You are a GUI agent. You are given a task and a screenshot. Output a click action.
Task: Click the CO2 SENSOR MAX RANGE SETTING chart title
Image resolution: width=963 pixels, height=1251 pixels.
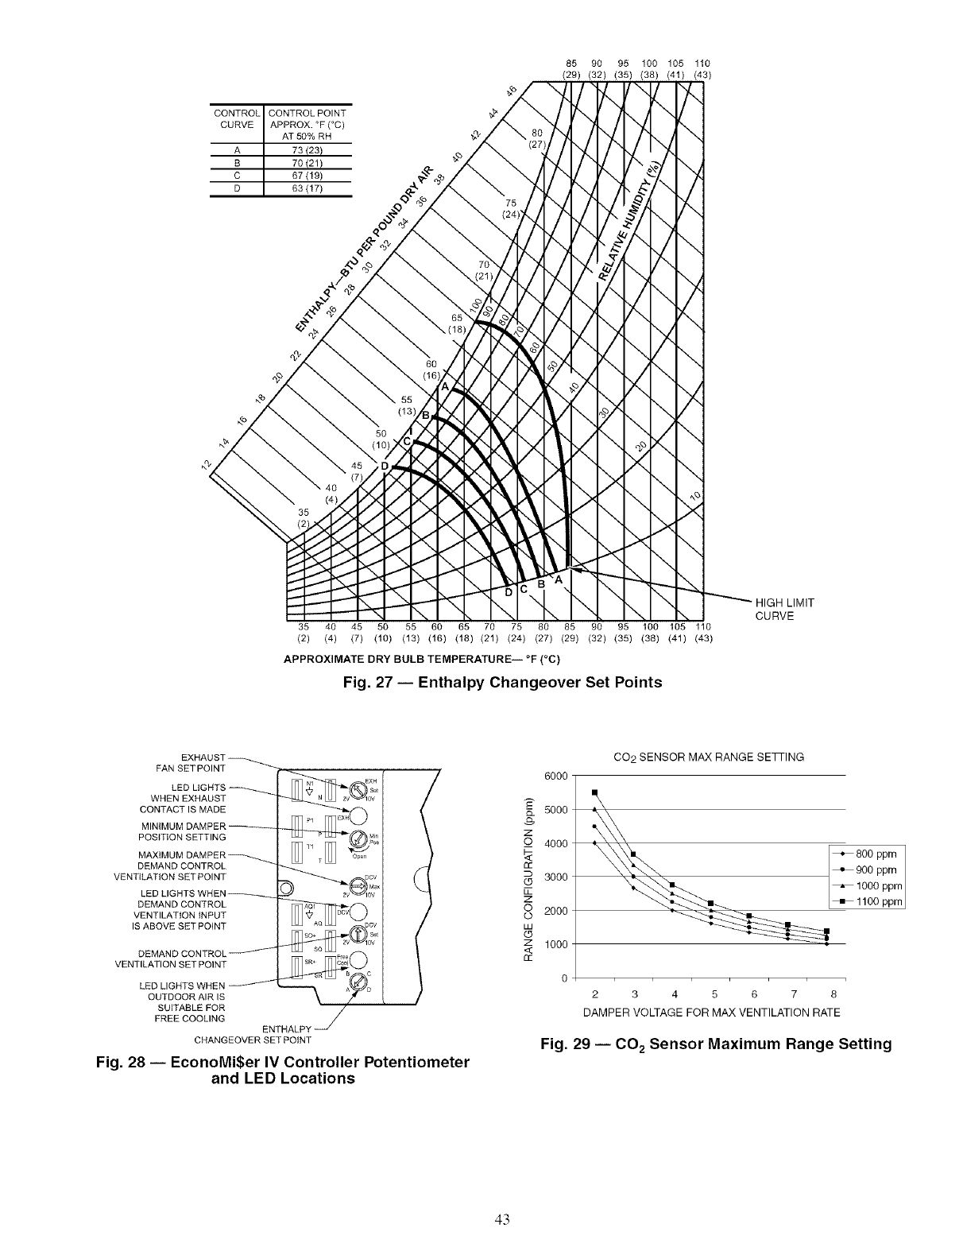(x=710, y=757)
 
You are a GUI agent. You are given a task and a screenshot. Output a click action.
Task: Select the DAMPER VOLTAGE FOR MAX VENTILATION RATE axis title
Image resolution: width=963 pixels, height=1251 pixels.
(x=711, y=1013)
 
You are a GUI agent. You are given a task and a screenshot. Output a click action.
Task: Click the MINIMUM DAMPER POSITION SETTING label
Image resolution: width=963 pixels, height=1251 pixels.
(x=183, y=831)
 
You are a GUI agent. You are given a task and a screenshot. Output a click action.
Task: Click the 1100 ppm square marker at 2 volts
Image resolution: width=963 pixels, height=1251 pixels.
(x=594, y=792)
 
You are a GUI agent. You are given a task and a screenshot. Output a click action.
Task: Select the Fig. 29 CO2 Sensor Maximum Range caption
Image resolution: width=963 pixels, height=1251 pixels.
(x=715, y=1044)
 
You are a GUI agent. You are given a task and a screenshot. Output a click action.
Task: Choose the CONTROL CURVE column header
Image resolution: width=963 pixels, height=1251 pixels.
(x=237, y=118)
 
